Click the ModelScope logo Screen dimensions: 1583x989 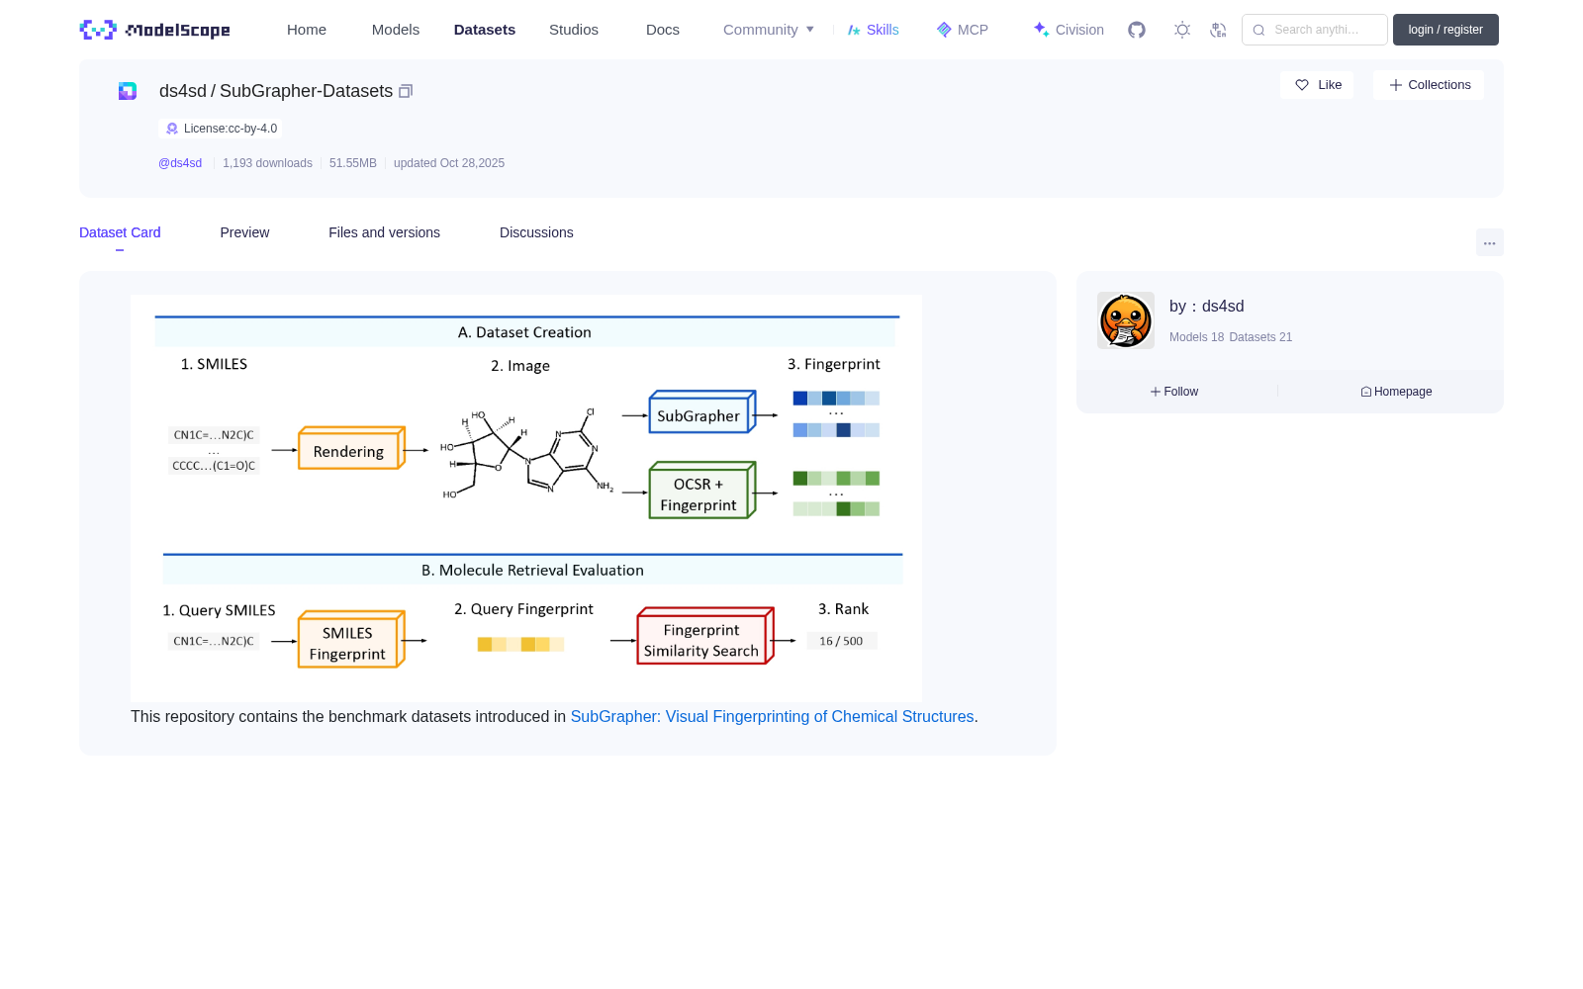pos(154,30)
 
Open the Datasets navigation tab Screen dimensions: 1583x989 pos(484,30)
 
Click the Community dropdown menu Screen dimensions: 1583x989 pos(768,30)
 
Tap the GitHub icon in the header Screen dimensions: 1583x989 pos(1137,30)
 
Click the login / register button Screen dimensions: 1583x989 pos(1445,30)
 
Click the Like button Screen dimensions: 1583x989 pos(1317,85)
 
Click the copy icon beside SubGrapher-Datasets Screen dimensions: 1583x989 pos(406,91)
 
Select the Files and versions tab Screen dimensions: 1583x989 pos(385,232)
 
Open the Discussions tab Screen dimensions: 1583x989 pos(536,232)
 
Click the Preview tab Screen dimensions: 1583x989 pos(244,232)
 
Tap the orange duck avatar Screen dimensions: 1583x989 pos(1126,320)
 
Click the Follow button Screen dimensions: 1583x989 pos(1173,392)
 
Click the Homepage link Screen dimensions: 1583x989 pos(1396,392)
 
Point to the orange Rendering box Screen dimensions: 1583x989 pos(351,448)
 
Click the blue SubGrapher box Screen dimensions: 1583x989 pos(702,411)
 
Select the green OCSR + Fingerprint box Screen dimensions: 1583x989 pos(702,491)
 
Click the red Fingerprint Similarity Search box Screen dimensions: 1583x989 pos(705,636)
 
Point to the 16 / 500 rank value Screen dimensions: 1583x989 pos(841,641)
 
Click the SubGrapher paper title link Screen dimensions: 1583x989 pos(772,716)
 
